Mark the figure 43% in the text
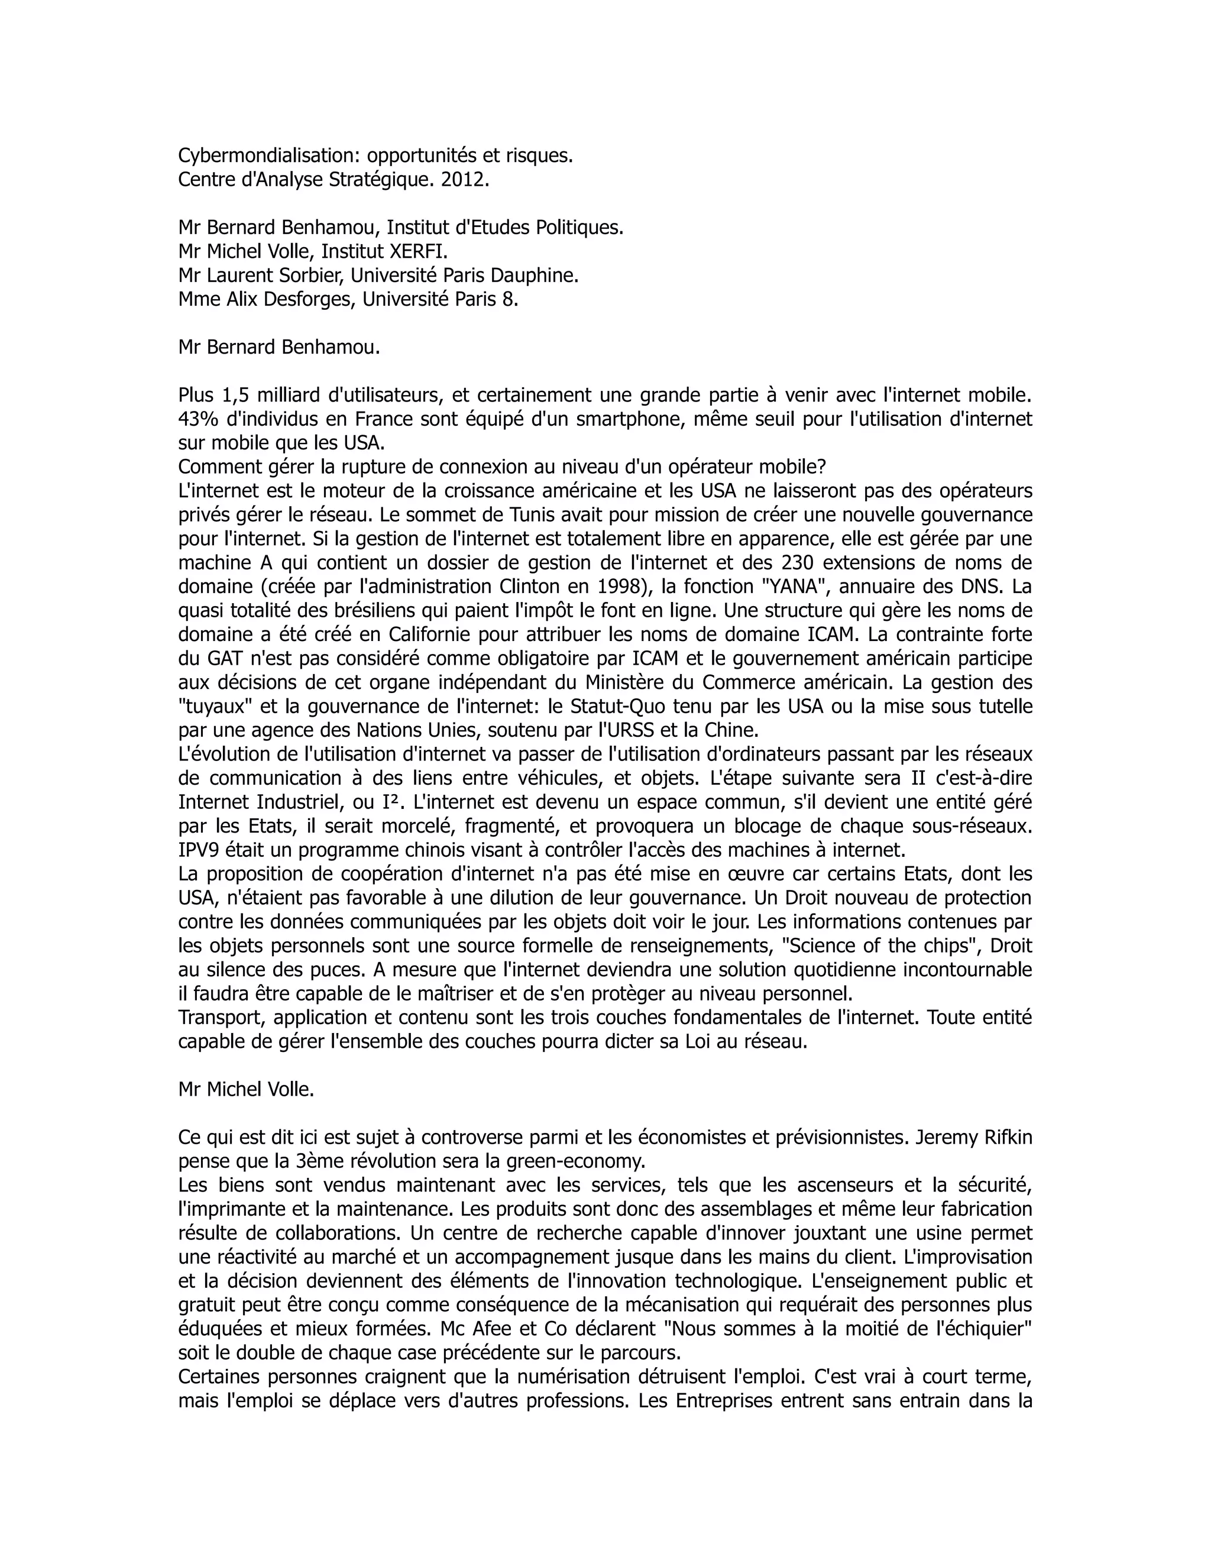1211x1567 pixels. point(194,419)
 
